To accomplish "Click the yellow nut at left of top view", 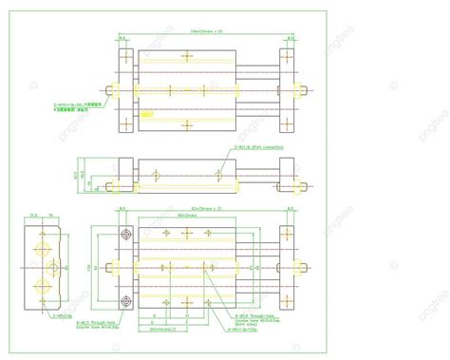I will pyautogui.click(x=113, y=91).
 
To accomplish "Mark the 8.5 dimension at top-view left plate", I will pyautogui.click(x=123, y=39).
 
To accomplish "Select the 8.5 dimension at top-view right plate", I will pyautogui.click(x=287, y=39).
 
